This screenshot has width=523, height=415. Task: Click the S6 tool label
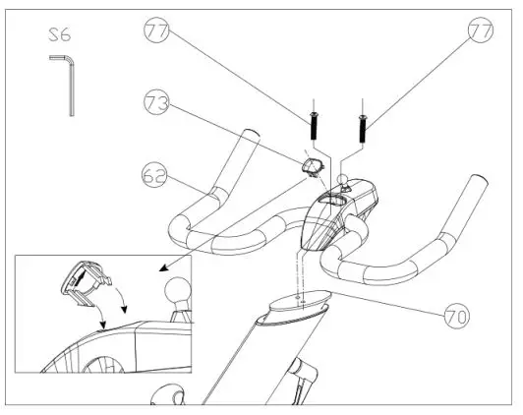pyautogui.click(x=59, y=37)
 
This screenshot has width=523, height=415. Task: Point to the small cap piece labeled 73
pyautogui.click(x=314, y=166)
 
